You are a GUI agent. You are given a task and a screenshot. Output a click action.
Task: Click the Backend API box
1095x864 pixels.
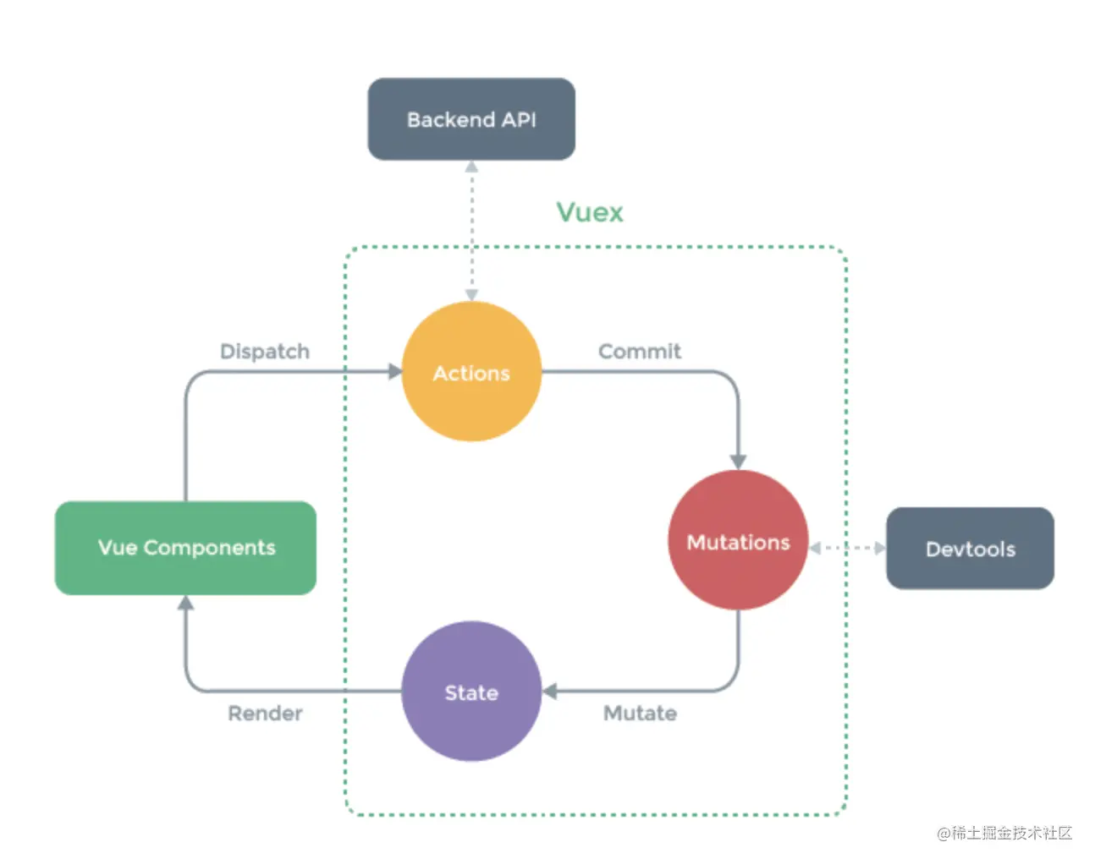tap(471, 119)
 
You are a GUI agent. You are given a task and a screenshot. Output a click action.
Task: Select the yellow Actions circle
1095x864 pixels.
tap(471, 372)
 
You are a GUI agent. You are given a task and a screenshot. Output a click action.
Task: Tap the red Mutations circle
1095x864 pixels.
tap(738, 541)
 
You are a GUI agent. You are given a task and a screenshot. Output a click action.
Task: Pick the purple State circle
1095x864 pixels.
tap(471, 692)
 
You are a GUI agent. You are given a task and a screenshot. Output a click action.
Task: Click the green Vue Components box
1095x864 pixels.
tap(185, 548)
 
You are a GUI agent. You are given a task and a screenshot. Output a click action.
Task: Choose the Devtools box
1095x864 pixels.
tap(970, 549)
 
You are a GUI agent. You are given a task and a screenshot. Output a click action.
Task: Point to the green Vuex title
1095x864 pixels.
tap(590, 211)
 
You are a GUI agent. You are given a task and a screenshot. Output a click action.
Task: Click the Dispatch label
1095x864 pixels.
tap(265, 351)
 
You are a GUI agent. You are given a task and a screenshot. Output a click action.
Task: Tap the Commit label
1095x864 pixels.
tap(639, 351)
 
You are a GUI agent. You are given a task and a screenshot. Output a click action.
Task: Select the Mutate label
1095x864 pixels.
tap(640, 713)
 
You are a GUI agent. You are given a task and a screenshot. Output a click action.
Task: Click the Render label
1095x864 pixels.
tap(265, 713)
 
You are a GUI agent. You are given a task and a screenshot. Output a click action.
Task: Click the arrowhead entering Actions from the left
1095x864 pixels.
tap(394, 372)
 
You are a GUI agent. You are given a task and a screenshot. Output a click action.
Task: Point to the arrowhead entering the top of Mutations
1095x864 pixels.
tap(738, 462)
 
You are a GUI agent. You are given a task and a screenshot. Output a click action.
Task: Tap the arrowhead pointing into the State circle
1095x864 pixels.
tap(550, 692)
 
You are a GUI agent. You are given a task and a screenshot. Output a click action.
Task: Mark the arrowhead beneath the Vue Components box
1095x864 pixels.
tap(185, 603)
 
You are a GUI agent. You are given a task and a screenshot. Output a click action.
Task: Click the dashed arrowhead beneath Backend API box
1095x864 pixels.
tap(471, 167)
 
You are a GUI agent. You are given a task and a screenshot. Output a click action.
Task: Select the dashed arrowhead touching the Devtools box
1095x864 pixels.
tap(879, 548)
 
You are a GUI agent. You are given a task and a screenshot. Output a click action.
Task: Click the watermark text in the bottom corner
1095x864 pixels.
tap(1004, 833)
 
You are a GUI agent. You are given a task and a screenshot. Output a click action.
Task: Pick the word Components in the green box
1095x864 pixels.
tap(209, 548)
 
